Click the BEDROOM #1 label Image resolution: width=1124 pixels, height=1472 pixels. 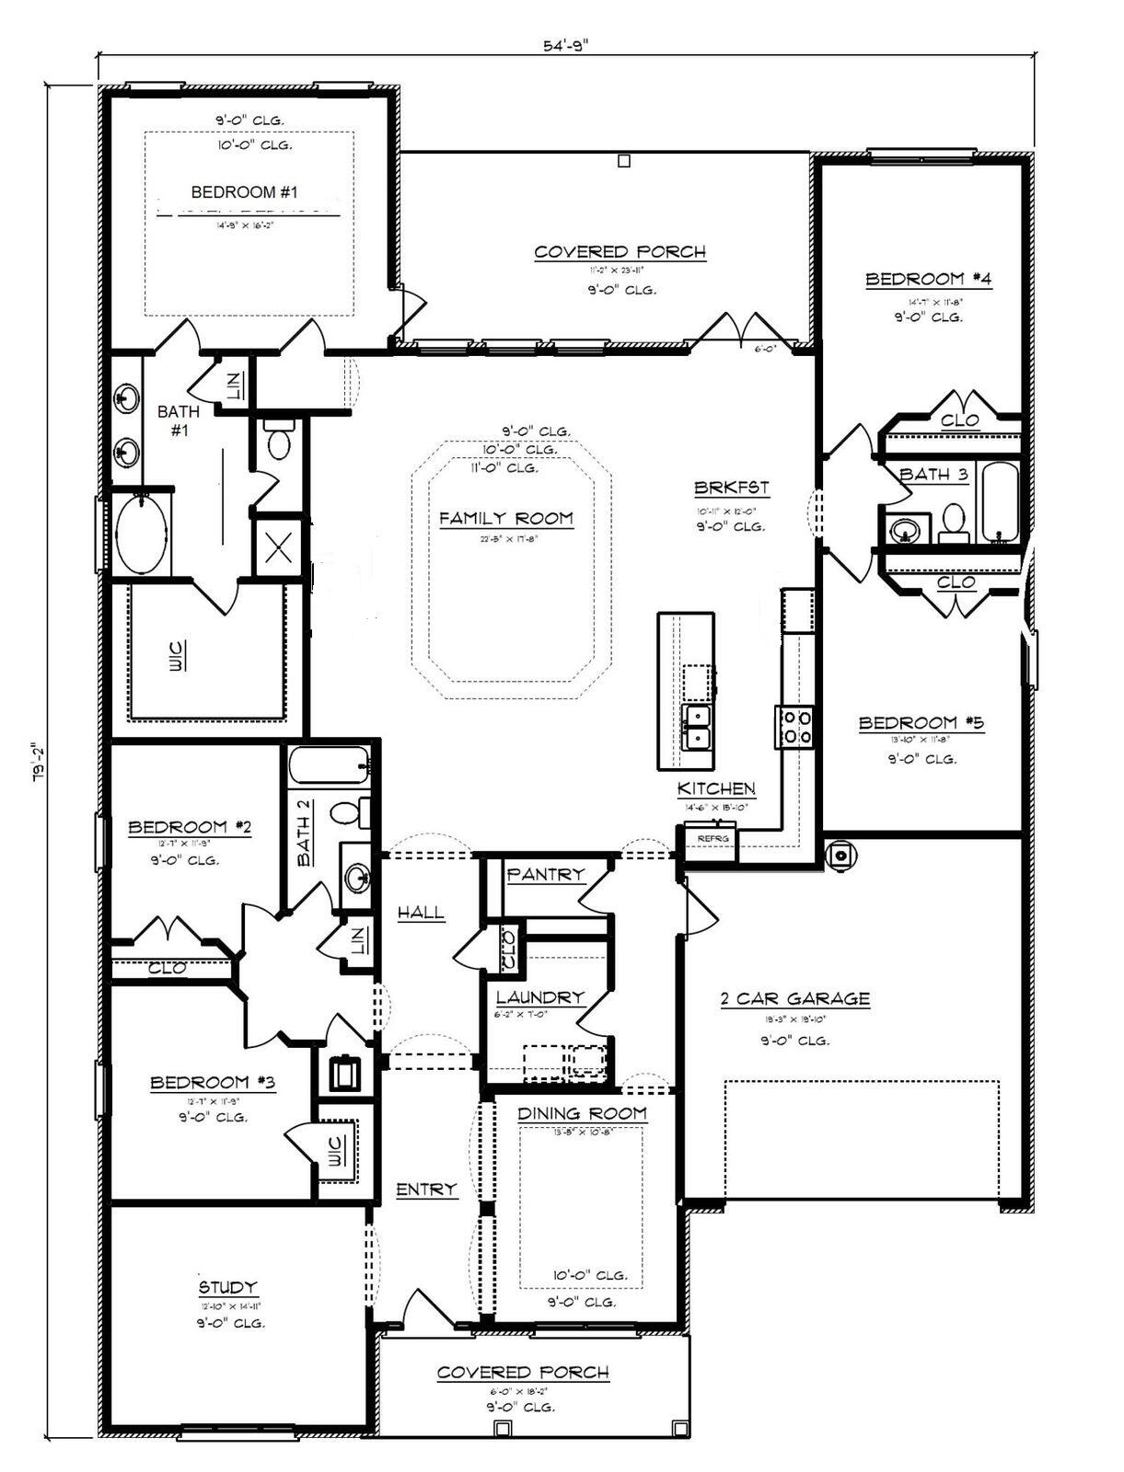244,192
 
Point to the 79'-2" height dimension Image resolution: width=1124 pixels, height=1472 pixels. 38,762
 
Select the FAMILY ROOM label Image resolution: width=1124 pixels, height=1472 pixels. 505,519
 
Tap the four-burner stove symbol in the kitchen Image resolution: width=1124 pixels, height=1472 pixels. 794,727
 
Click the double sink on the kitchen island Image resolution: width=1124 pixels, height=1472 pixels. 697,727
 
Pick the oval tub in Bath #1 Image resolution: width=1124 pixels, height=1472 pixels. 142,535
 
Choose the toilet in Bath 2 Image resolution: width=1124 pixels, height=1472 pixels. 347,813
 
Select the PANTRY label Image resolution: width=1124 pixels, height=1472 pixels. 546,874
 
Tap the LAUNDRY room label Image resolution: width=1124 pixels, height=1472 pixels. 539,997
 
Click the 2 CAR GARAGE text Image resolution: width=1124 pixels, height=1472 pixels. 794,998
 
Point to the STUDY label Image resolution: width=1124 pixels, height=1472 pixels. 228,1287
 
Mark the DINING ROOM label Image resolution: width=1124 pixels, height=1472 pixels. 581,1113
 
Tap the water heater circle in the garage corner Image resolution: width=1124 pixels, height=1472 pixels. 840,856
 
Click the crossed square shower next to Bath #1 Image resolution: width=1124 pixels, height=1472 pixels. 278,549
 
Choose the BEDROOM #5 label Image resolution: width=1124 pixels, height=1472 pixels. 921,723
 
